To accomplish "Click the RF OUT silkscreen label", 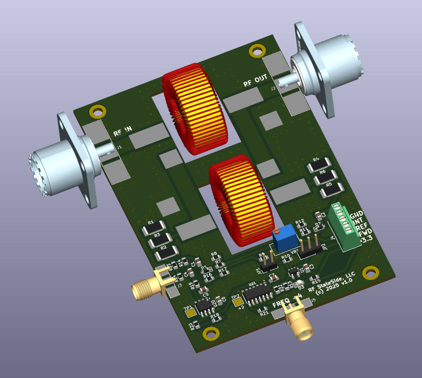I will pyautogui.click(x=255, y=81).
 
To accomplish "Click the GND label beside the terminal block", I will pyautogui.click(x=356, y=214).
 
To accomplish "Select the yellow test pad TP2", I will pyautogui.click(x=238, y=301).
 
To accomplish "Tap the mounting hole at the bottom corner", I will pyautogui.click(x=209, y=334).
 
